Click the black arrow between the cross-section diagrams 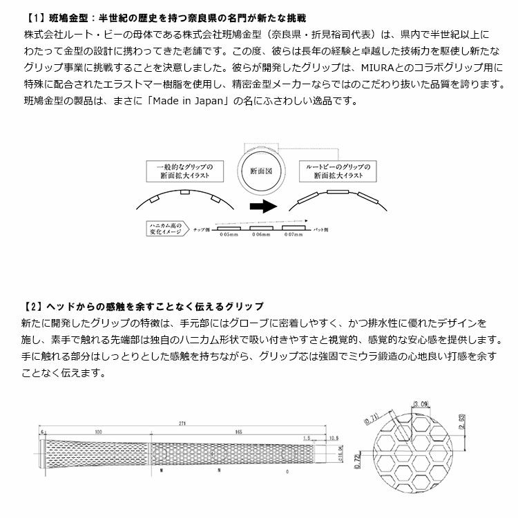[x=262, y=205]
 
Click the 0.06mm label [x=261, y=235]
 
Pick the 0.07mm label [x=293, y=235]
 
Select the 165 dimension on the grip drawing [x=238, y=432]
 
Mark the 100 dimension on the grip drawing [x=99, y=432]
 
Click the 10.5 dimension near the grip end [x=334, y=438]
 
